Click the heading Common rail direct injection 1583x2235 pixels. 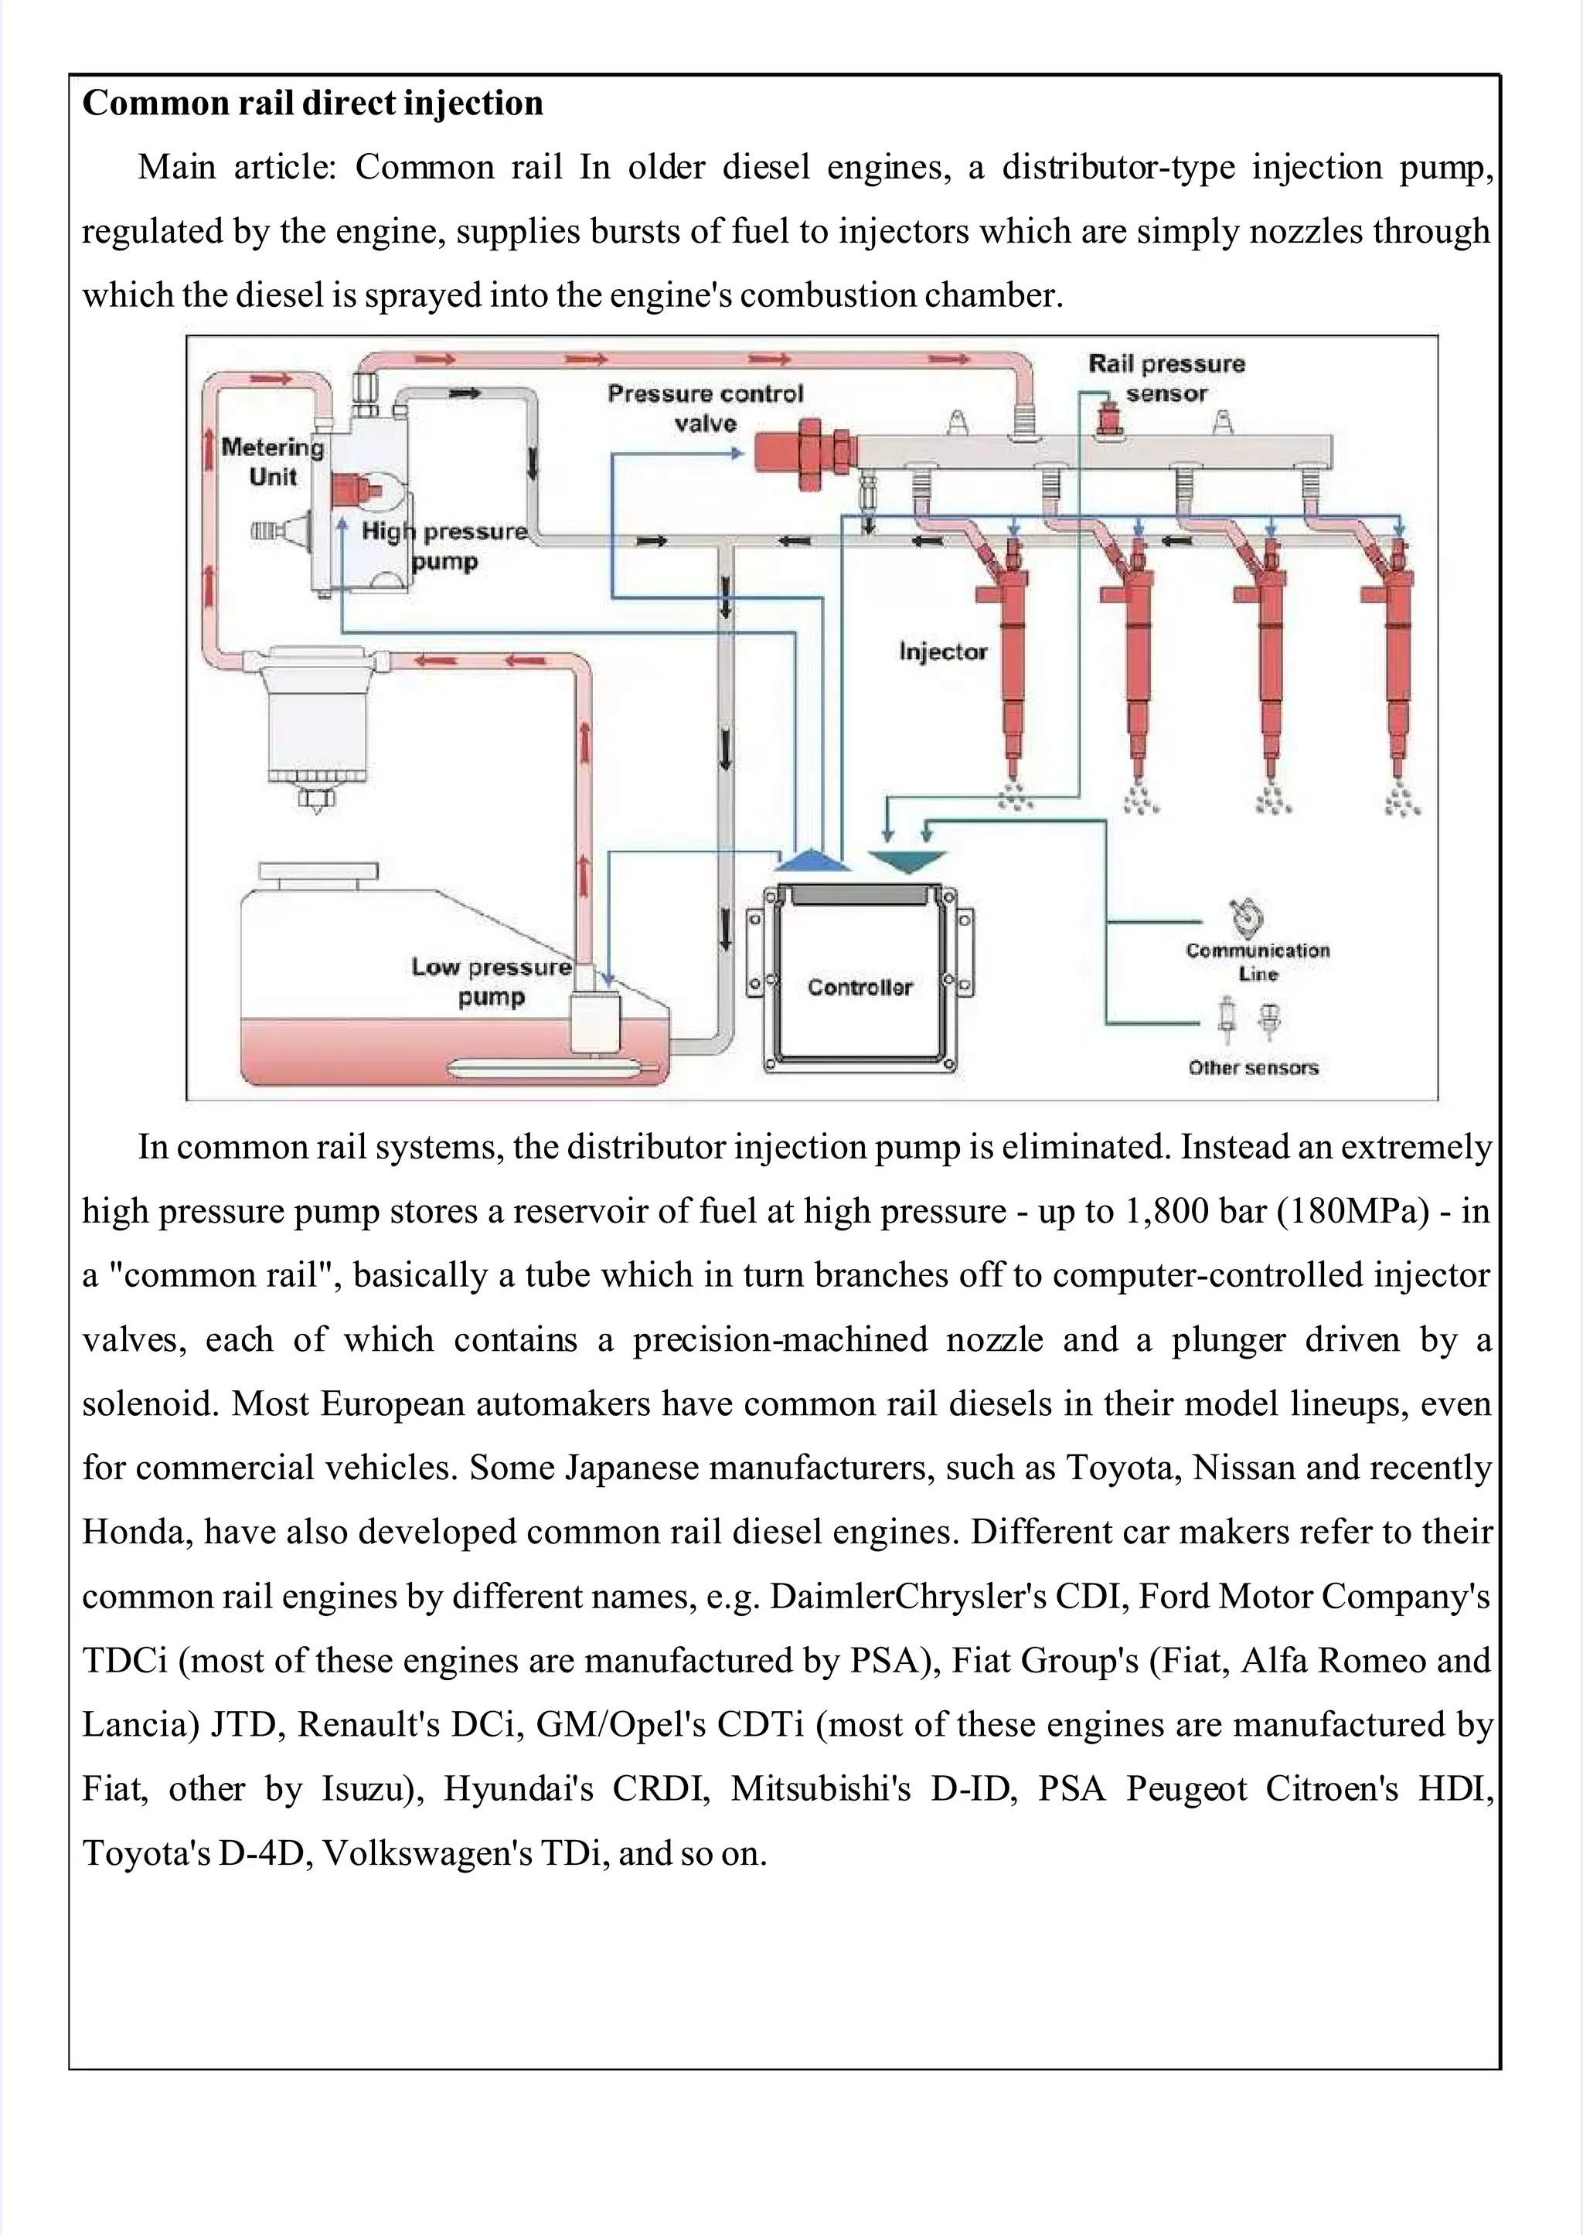tap(312, 104)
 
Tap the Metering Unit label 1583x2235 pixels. tap(272, 462)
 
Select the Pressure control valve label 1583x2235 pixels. tap(705, 408)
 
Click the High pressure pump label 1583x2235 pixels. tap(444, 546)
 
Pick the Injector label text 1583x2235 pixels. tap(942, 651)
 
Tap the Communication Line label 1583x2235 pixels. tap(1258, 961)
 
